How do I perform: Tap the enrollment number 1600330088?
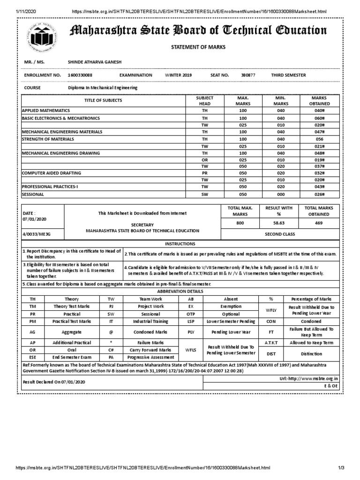point(80,75)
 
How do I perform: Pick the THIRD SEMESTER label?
point(288,75)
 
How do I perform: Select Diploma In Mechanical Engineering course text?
point(103,88)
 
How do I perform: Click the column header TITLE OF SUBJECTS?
point(103,100)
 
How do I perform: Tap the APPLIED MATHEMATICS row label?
point(46,110)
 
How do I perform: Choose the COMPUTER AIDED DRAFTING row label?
point(52,173)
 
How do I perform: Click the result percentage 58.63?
point(279,224)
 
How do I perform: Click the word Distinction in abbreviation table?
point(311,354)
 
